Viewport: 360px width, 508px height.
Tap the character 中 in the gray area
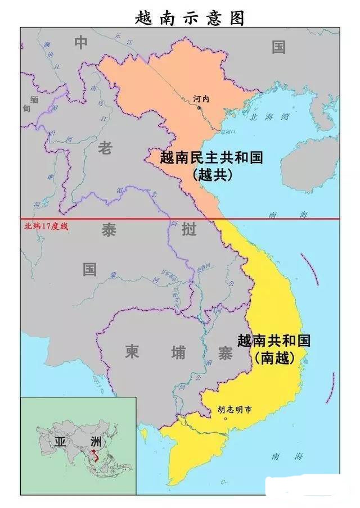(82, 42)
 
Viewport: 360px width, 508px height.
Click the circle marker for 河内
(199, 108)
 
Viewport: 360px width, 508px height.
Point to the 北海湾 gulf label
(269, 117)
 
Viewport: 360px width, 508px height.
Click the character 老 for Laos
(105, 148)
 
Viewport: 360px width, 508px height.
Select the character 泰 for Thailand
(109, 230)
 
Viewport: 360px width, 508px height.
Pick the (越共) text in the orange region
(212, 175)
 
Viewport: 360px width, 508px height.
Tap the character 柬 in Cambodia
(132, 352)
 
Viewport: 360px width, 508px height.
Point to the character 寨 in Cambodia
(222, 352)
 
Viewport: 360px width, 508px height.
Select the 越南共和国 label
(274, 341)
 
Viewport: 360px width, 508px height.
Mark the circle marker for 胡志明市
(226, 419)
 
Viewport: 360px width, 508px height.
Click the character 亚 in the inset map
(60, 441)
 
